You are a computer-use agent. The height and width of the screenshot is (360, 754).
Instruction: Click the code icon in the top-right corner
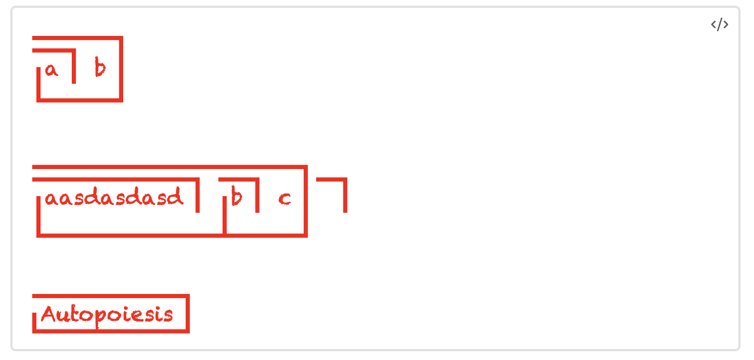(720, 25)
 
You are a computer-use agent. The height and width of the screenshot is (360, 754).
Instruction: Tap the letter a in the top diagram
(51, 70)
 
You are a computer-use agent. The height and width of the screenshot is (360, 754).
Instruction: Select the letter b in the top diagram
(100, 68)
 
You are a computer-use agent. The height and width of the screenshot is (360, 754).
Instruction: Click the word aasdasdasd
(114, 198)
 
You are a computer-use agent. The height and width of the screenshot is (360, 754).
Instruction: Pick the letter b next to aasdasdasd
(237, 197)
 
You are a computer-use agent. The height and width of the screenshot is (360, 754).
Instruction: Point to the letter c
(284, 199)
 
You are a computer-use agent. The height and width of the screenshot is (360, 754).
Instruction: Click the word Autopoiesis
(107, 315)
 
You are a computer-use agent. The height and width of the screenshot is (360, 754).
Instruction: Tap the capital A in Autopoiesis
(48, 314)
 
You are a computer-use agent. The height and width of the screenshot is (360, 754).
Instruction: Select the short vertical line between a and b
(74, 67)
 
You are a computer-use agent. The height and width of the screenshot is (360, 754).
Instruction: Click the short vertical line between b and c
(257, 196)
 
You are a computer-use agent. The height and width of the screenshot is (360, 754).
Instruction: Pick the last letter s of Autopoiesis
(167, 315)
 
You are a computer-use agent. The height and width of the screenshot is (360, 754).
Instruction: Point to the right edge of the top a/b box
(121, 69)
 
